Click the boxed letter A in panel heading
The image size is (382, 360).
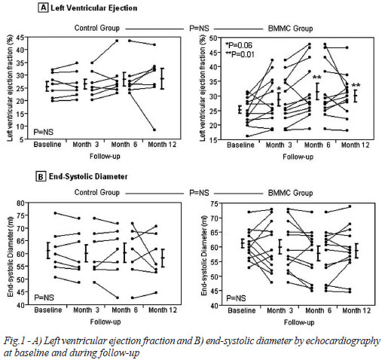[43, 8]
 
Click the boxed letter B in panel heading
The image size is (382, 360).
[41, 176]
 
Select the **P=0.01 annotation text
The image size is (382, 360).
[240, 54]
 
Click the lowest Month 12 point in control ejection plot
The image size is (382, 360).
[154, 130]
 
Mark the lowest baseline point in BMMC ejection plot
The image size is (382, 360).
[247, 136]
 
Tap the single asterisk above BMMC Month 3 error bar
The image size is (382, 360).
[279, 89]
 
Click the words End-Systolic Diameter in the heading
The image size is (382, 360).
[88, 176]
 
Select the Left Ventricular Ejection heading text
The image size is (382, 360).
[94, 8]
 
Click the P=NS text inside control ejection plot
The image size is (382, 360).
[44, 132]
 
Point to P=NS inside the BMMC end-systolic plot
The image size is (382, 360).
[236, 298]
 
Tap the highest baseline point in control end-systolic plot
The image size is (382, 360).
[55, 213]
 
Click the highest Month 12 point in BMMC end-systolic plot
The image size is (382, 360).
[350, 206]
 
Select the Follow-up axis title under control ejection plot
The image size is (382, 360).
[105, 157]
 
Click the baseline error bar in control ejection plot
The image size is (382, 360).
[47, 86]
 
